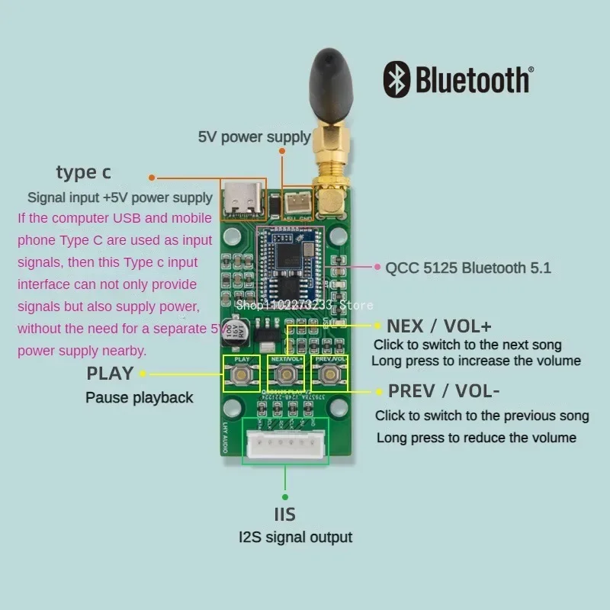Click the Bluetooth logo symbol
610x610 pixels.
pos(396,79)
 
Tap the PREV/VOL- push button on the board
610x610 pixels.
pos(329,374)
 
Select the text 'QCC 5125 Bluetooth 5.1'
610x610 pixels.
pos(468,268)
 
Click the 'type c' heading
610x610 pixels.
pos(83,172)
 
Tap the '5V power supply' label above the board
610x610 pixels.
pos(254,137)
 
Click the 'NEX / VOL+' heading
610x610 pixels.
pos(439,326)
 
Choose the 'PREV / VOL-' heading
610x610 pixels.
pos(444,391)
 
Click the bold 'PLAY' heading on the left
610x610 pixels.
pos(110,374)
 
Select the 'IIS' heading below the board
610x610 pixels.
pos(285,514)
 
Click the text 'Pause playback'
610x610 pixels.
pos(140,397)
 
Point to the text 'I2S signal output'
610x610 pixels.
pos(296,537)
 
